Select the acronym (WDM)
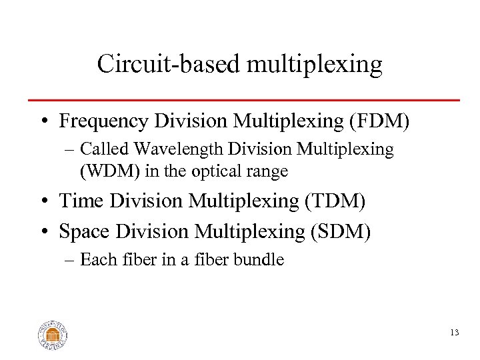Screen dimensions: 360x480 (x=103, y=171)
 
